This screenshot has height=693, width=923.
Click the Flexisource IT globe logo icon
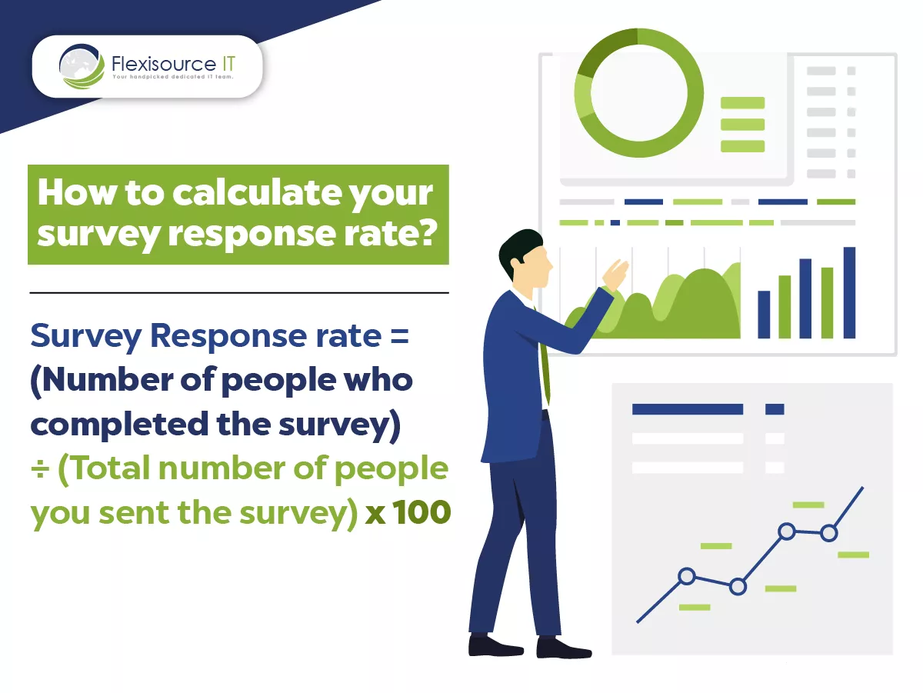click(82, 66)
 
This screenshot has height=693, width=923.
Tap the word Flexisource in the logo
click(164, 65)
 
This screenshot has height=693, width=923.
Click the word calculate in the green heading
click(256, 192)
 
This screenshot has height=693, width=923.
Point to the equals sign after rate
click(399, 337)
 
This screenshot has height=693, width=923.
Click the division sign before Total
click(40, 469)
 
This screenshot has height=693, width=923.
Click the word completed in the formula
click(119, 424)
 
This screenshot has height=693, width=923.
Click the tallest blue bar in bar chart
click(849, 293)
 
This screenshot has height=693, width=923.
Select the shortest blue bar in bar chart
click(764, 315)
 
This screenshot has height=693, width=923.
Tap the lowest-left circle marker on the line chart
click(687, 576)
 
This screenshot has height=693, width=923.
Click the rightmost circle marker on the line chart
click(829, 533)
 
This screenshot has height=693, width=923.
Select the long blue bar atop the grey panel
click(688, 409)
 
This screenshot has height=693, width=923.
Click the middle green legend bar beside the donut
click(742, 125)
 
